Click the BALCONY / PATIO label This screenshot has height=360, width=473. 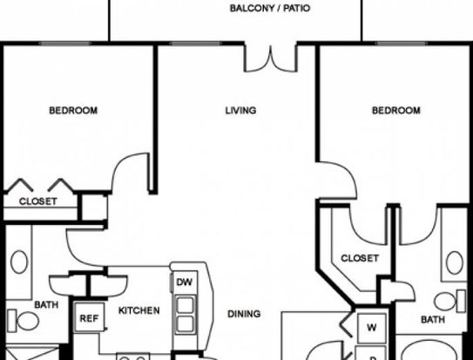(270, 8)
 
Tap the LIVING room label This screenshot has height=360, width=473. (240, 111)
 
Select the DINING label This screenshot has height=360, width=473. (244, 314)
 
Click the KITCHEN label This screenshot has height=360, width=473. (139, 310)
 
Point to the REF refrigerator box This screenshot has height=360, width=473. (90, 318)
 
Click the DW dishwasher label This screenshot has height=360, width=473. (185, 282)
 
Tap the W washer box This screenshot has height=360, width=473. (371, 328)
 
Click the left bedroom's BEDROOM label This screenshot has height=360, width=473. (73, 111)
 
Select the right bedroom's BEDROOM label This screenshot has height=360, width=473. (396, 111)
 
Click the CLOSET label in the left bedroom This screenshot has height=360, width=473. (38, 201)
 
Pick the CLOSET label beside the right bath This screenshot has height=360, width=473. (360, 258)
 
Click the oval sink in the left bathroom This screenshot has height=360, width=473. (19, 262)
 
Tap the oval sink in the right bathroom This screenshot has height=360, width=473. (455, 263)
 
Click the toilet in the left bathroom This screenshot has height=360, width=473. (24, 321)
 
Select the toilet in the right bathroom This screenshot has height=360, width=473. (449, 301)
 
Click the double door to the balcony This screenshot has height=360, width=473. (271, 59)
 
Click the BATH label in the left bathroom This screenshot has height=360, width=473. (46, 305)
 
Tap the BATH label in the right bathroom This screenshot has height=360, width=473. (433, 320)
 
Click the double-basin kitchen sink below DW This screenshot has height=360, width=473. (185, 315)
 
